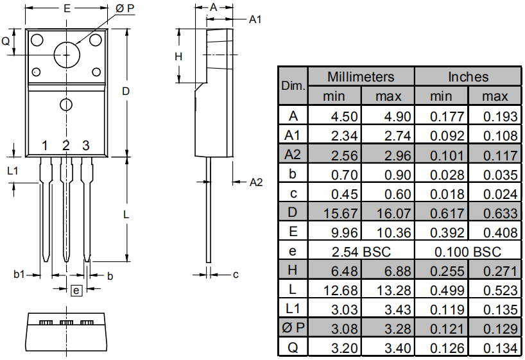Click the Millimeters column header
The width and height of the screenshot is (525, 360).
pyautogui.click(x=361, y=77)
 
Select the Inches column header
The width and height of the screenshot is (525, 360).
pyautogui.click(x=468, y=77)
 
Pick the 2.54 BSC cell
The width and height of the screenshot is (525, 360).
pyautogui.click(x=361, y=251)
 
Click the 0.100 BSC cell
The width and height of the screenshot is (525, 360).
pyautogui.click(x=468, y=251)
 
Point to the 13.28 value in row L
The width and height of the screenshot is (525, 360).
pyautogui.click(x=388, y=290)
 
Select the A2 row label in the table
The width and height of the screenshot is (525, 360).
pyautogui.click(x=293, y=155)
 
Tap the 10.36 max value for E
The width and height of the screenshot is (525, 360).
pyautogui.click(x=388, y=232)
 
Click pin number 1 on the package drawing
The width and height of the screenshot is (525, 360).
pyautogui.click(x=45, y=146)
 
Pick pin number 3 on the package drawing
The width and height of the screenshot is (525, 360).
pyautogui.click(x=85, y=146)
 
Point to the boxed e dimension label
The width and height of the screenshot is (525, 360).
pyautogui.click(x=76, y=291)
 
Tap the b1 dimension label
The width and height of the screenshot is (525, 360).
pyautogui.click(x=19, y=275)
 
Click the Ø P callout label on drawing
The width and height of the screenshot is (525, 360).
pyautogui.click(x=125, y=8)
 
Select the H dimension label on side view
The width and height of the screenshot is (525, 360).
pyautogui.click(x=178, y=56)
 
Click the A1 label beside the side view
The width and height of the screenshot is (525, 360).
pyautogui.click(x=255, y=20)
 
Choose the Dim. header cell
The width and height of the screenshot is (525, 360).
pyautogui.click(x=293, y=86)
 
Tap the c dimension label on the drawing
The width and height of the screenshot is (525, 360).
pyautogui.click(x=236, y=275)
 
